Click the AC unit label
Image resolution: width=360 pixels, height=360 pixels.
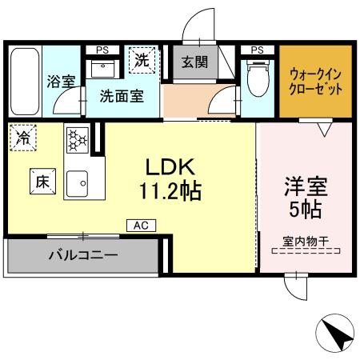140,226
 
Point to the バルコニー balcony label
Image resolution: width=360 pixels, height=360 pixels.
82,257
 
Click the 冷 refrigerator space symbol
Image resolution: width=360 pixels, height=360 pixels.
22,138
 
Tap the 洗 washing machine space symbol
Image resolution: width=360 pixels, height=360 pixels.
142,59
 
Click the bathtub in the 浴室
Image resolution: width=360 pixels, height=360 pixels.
24,80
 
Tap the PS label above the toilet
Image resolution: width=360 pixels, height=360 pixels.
257,50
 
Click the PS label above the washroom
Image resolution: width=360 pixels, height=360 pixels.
102,50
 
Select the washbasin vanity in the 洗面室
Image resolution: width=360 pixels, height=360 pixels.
103,68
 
